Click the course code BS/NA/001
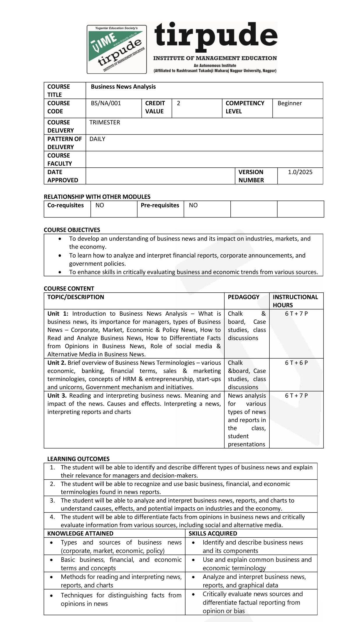point(106,103)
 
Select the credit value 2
point(178,103)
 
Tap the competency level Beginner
point(289,103)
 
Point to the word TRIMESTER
point(105,122)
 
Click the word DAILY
point(97,139)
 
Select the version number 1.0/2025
point(300,172)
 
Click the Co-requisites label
point(65,205)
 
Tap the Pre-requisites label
point(160,205)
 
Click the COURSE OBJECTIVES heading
point(72,230)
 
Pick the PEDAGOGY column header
point(243,297)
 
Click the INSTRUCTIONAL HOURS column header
point(295,301)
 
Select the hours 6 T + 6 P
point(296,363)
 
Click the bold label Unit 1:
point(58,314)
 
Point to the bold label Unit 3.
point(57,396)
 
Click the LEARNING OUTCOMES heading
point(78,459)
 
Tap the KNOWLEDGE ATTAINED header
point(80,533)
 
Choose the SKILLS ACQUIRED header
point(213,533)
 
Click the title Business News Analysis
point(123,87)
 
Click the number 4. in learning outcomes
point(52,517)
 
